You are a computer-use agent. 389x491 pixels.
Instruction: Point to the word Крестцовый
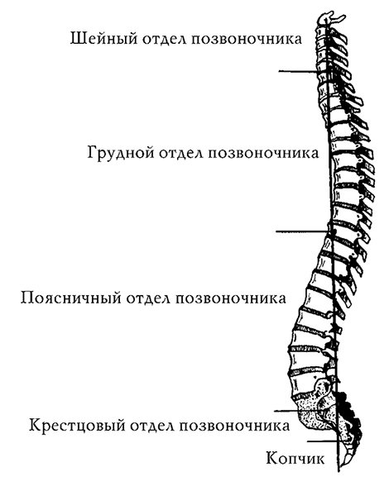(x=77, y=426)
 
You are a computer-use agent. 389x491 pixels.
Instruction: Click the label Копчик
(x=295, y=460)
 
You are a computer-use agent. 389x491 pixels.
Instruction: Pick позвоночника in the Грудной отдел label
(x=262, y=154)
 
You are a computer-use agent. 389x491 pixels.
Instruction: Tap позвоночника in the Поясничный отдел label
(x=230, y=298)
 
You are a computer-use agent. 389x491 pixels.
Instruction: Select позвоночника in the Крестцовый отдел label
(x=234, y=427)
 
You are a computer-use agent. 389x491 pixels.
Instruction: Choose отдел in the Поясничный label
(x=147, y=298)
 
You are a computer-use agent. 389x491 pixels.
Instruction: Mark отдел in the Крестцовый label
(x=151, y=427)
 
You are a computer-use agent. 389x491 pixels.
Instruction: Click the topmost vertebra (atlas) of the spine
(x=329, y=19)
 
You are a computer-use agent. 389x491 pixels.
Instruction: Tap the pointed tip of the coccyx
(x=343, y=464)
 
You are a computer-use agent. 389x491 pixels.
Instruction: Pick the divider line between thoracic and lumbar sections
(x=301, y=231)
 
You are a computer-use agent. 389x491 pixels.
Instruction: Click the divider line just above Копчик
(x=323, y=441)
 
